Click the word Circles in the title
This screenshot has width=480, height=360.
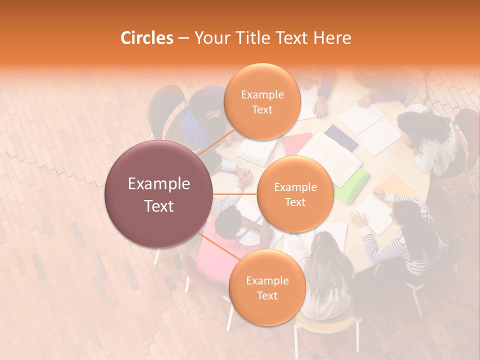[x=146, y=38]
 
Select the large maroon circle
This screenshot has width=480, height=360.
[x=159, y=194]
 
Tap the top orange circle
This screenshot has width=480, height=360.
[x=262, y=101]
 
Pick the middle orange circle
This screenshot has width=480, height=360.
[x=295, y=194]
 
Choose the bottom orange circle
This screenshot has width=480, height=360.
[x=267, y=287]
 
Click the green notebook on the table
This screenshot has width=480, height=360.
[x=353, y=184]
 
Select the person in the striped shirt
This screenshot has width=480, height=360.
[x=410, y=235]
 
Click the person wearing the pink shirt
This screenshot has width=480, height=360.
[x=220, y=240]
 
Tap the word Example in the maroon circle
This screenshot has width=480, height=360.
[x=159, y=184]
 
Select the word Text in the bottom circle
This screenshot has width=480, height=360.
[x=267, y=295]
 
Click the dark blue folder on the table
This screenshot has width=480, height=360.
[x=341, y=137]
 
